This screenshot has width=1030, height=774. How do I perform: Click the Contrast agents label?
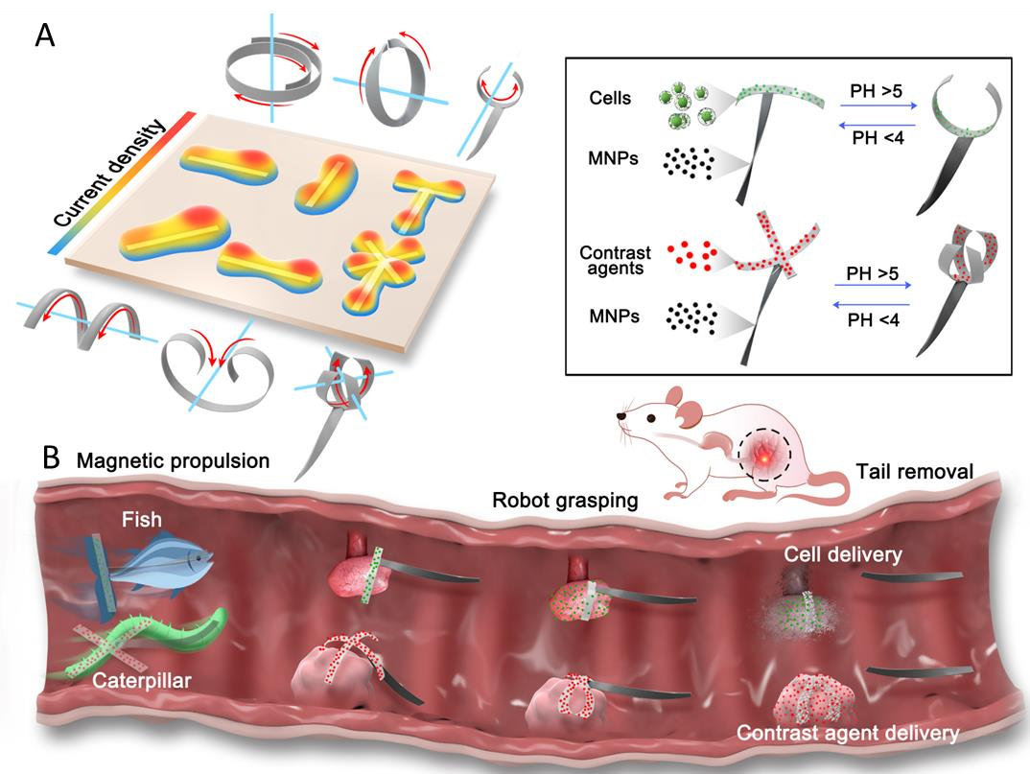616,261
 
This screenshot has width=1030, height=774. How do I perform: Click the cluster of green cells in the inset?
685,104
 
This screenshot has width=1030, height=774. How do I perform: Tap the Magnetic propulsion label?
174,460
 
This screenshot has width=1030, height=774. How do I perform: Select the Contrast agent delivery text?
847,734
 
